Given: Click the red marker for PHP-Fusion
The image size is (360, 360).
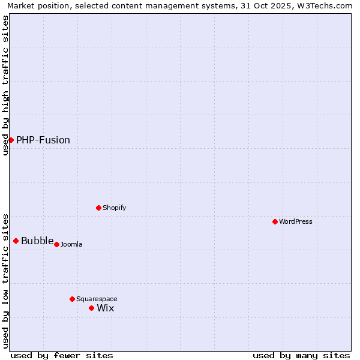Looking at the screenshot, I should [x=11, y=140].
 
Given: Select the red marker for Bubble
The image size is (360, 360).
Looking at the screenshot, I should [x=16, y=241].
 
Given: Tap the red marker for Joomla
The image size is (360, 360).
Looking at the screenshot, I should [x=57, y=244].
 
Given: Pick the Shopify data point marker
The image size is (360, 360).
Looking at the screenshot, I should [x=99, y=208].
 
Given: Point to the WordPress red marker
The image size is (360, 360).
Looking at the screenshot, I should [x=275, y=221].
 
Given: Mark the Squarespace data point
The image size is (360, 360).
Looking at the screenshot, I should [x=73, y=299].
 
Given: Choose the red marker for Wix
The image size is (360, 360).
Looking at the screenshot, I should [x=92, y=308].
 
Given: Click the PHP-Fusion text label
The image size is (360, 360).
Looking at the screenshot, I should [x=43, y=140].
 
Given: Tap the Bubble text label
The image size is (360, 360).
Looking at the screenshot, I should [x=37, y=241].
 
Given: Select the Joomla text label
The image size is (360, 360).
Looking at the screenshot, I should [x=71, y=245].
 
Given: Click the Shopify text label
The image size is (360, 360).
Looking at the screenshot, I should [x=114, y=208].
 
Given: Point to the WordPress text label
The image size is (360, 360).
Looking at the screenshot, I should [x=296, y=222].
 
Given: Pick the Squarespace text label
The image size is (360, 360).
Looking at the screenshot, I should [x=97, y=299].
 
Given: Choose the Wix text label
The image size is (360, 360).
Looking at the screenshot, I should [x=106, y=308].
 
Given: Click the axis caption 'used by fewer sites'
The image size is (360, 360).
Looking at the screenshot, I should [x=62, y=355].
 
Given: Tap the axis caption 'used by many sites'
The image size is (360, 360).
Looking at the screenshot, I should [x=301, y=355].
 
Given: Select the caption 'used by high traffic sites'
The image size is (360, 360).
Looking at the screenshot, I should [x=6, y=85].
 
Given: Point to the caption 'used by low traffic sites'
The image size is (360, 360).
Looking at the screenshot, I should [x=6, y=281].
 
